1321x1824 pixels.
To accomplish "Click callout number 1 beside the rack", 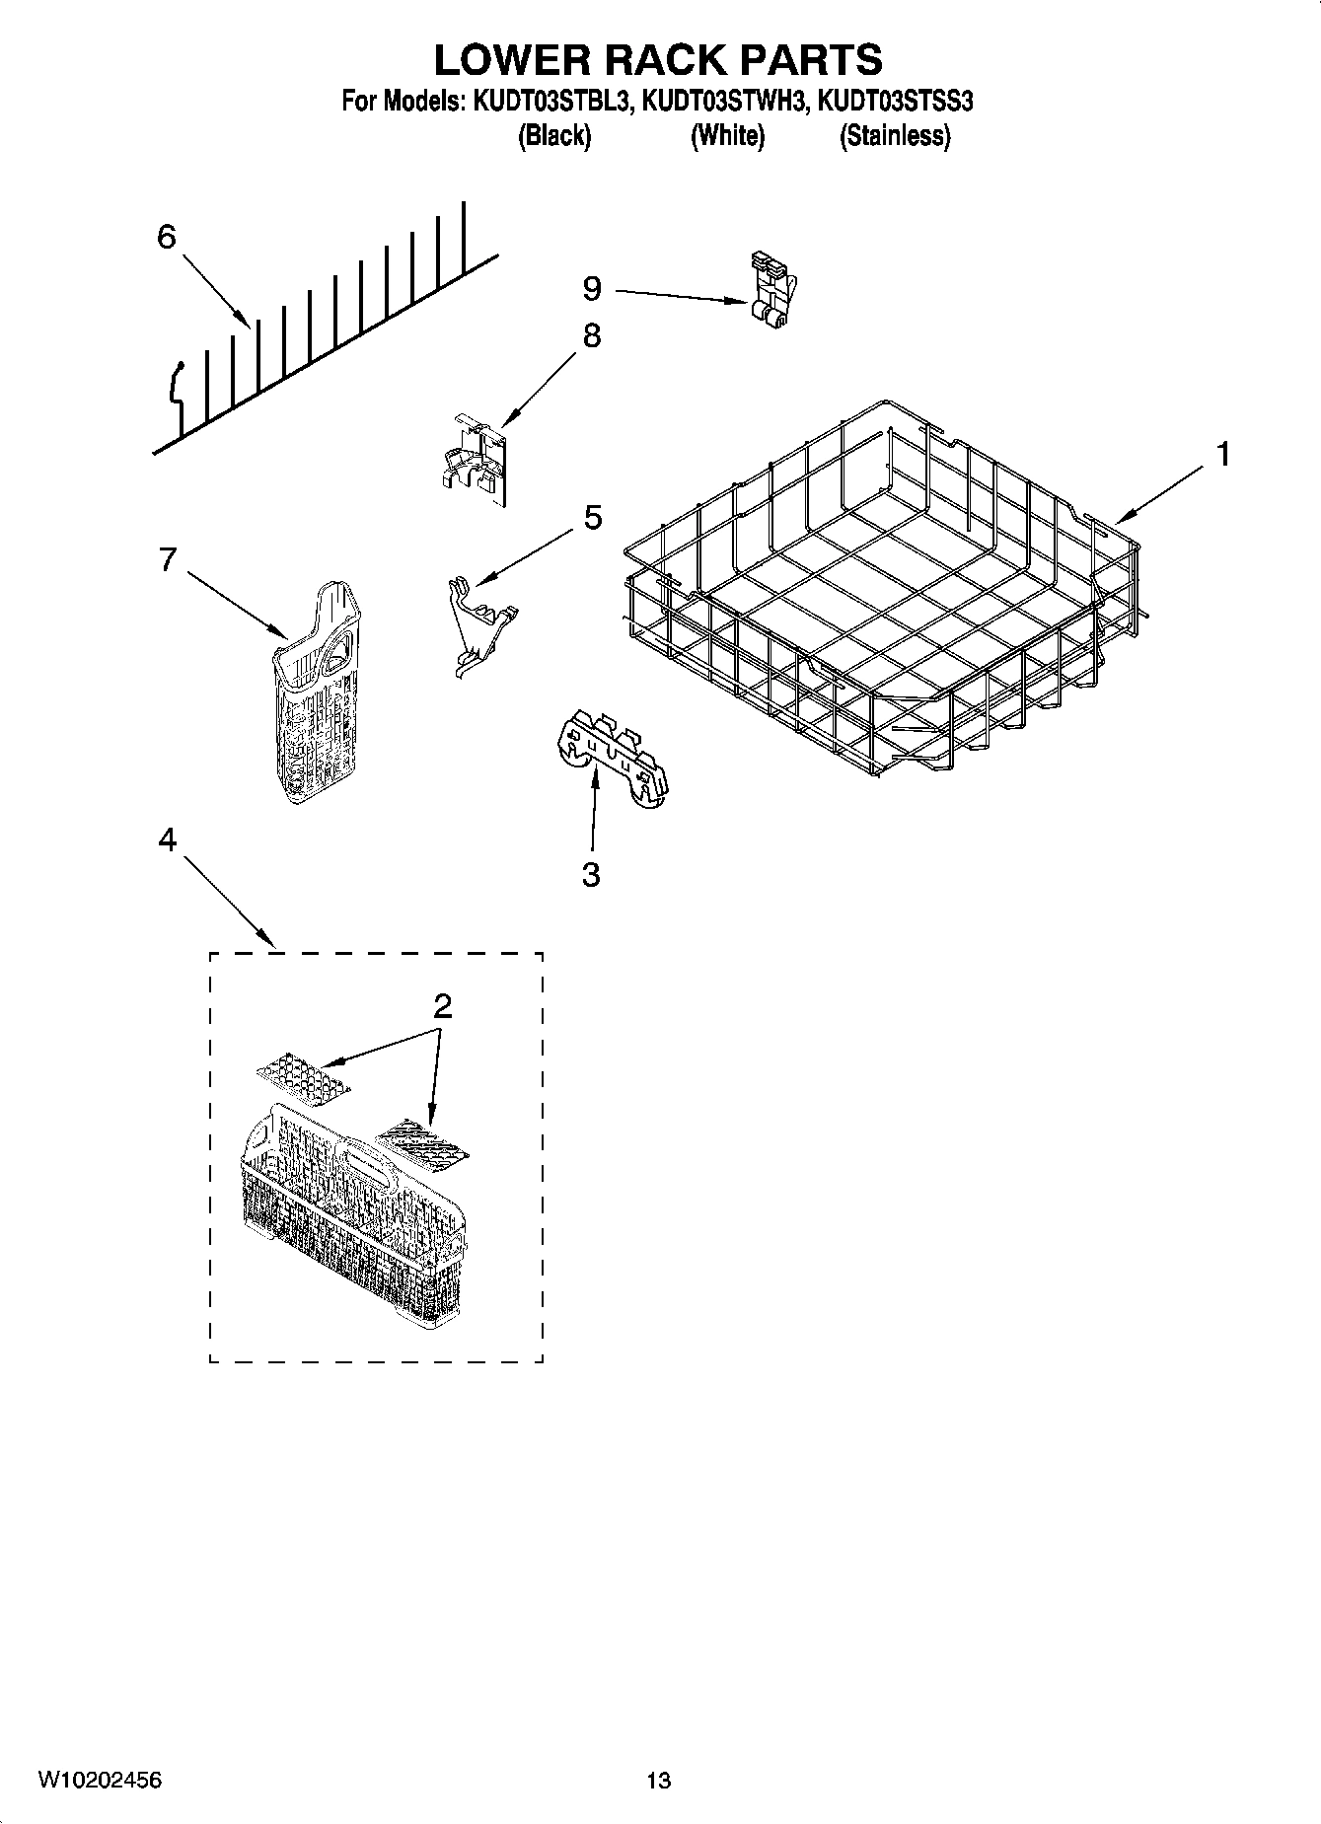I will [x=1222, y=455].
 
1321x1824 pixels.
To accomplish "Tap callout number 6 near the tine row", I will [x=166, y=237].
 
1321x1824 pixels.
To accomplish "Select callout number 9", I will [x=591, y=288].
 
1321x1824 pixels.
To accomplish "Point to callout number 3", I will [x=591, y=874].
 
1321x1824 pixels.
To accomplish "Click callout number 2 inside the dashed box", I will [x=442, y=1006].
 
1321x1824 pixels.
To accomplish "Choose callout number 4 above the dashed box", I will [x=167, y=839].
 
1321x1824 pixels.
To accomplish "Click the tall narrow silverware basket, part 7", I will [x=317, y=691].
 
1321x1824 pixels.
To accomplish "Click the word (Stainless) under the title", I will [x=894, y=136].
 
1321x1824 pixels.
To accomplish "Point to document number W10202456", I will [x=100, y=1780].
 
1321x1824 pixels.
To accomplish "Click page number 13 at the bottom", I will [x=658, y=1781].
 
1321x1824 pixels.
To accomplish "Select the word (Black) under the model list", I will [x=553, y=136].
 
